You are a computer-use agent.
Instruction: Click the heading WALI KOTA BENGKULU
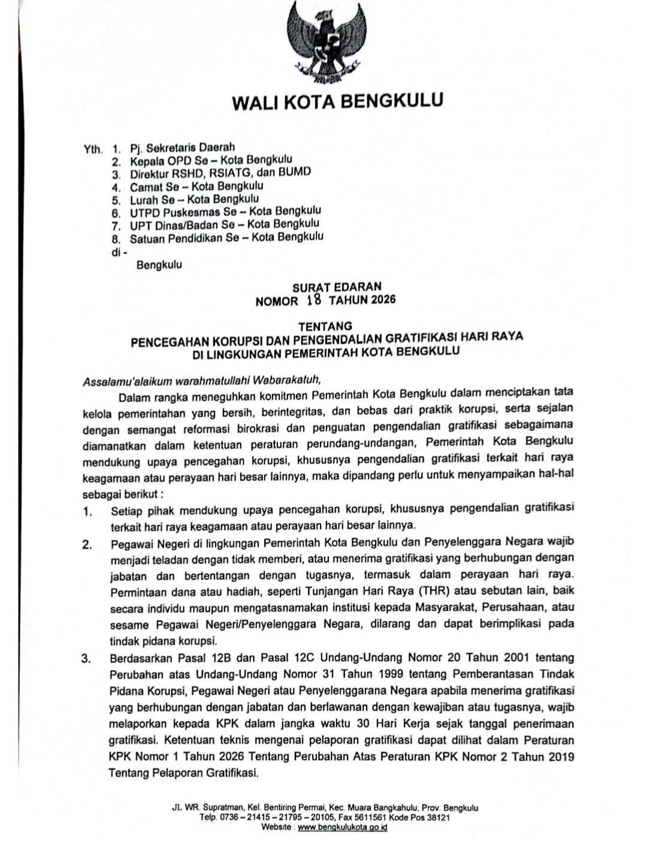pyautogui.click(x=337, y=101)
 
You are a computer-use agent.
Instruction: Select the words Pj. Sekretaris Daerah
pyautogui.click(x=182, y=147)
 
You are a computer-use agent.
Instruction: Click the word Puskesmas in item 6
pyautogui.click(x=191, y=213)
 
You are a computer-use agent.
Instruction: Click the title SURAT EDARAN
pyautogui.click(x=336, y=287)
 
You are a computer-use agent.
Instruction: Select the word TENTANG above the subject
pyautogui.click(x=325, y=327)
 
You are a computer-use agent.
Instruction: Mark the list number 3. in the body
pyautogui.click(x=87, y=659)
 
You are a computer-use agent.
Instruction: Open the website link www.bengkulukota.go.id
pyautogui.click(x=342, y=828)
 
